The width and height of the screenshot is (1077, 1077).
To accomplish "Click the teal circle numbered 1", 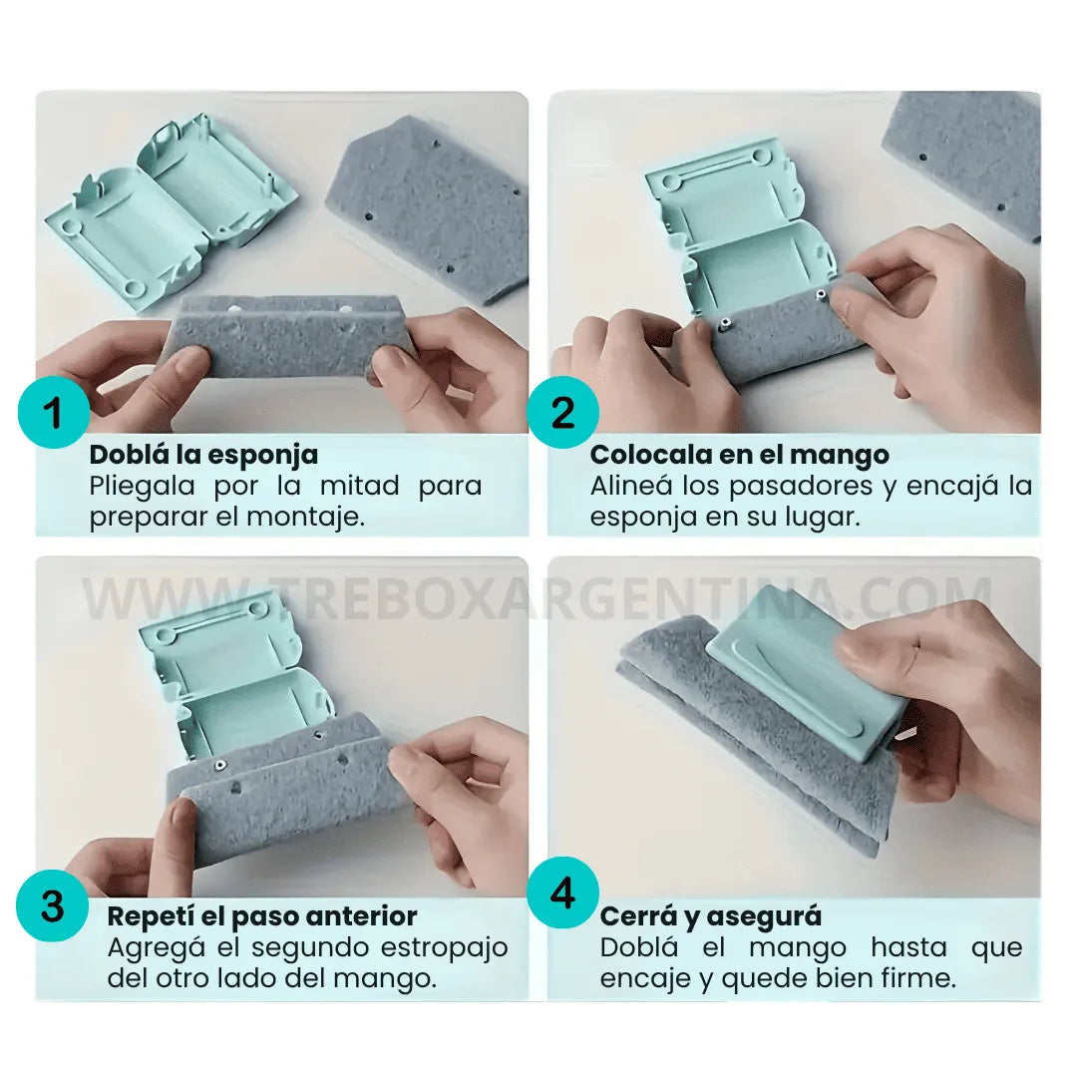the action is tap(54, 412).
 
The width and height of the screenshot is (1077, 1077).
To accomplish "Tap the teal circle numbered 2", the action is tap(562, 412).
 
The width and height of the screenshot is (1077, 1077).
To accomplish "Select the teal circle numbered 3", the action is tap(52, 904).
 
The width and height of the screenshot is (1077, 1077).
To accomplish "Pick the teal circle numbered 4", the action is tap(562, 893).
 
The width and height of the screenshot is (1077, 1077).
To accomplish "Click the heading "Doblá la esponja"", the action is tap(204, 455).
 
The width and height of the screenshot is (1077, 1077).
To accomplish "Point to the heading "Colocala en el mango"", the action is tap(740, 455).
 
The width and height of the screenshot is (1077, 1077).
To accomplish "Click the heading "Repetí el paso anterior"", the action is tap(262, 916).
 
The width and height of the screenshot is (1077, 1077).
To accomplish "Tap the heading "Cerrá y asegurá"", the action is tap(711, 916).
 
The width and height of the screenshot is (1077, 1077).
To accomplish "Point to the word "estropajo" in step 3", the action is tap(444, 948).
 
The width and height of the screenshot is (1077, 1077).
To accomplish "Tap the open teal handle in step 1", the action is tap(172, 206).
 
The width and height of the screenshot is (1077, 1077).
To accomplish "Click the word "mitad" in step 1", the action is tap(359, 486).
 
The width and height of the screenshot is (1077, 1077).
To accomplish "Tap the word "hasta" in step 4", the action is tap(908, 947).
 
